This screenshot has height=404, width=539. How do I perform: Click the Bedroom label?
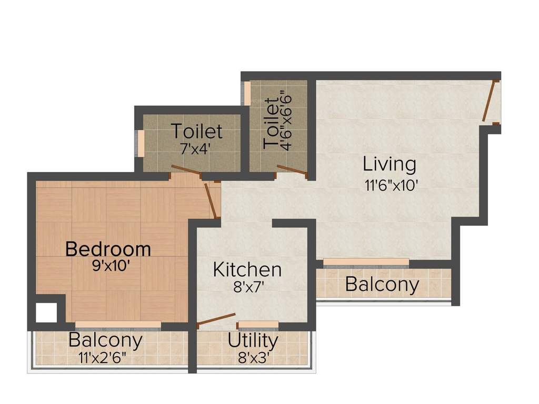108,249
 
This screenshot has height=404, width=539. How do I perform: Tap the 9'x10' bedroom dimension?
108,265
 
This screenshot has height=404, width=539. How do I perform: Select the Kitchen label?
247,270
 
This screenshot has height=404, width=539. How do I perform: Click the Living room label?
390,164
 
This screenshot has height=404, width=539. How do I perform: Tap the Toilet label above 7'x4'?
197,131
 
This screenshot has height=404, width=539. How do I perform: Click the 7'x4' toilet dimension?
195,148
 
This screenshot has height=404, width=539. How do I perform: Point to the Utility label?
253,340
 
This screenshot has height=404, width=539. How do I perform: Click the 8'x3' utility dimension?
253,358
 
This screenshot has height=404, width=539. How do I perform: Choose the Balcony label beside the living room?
382,285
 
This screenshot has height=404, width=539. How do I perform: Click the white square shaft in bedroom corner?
46,314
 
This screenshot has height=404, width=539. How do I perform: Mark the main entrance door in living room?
490,101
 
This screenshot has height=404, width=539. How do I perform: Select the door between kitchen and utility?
216,320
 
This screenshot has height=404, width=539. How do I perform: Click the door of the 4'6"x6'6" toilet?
292,169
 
